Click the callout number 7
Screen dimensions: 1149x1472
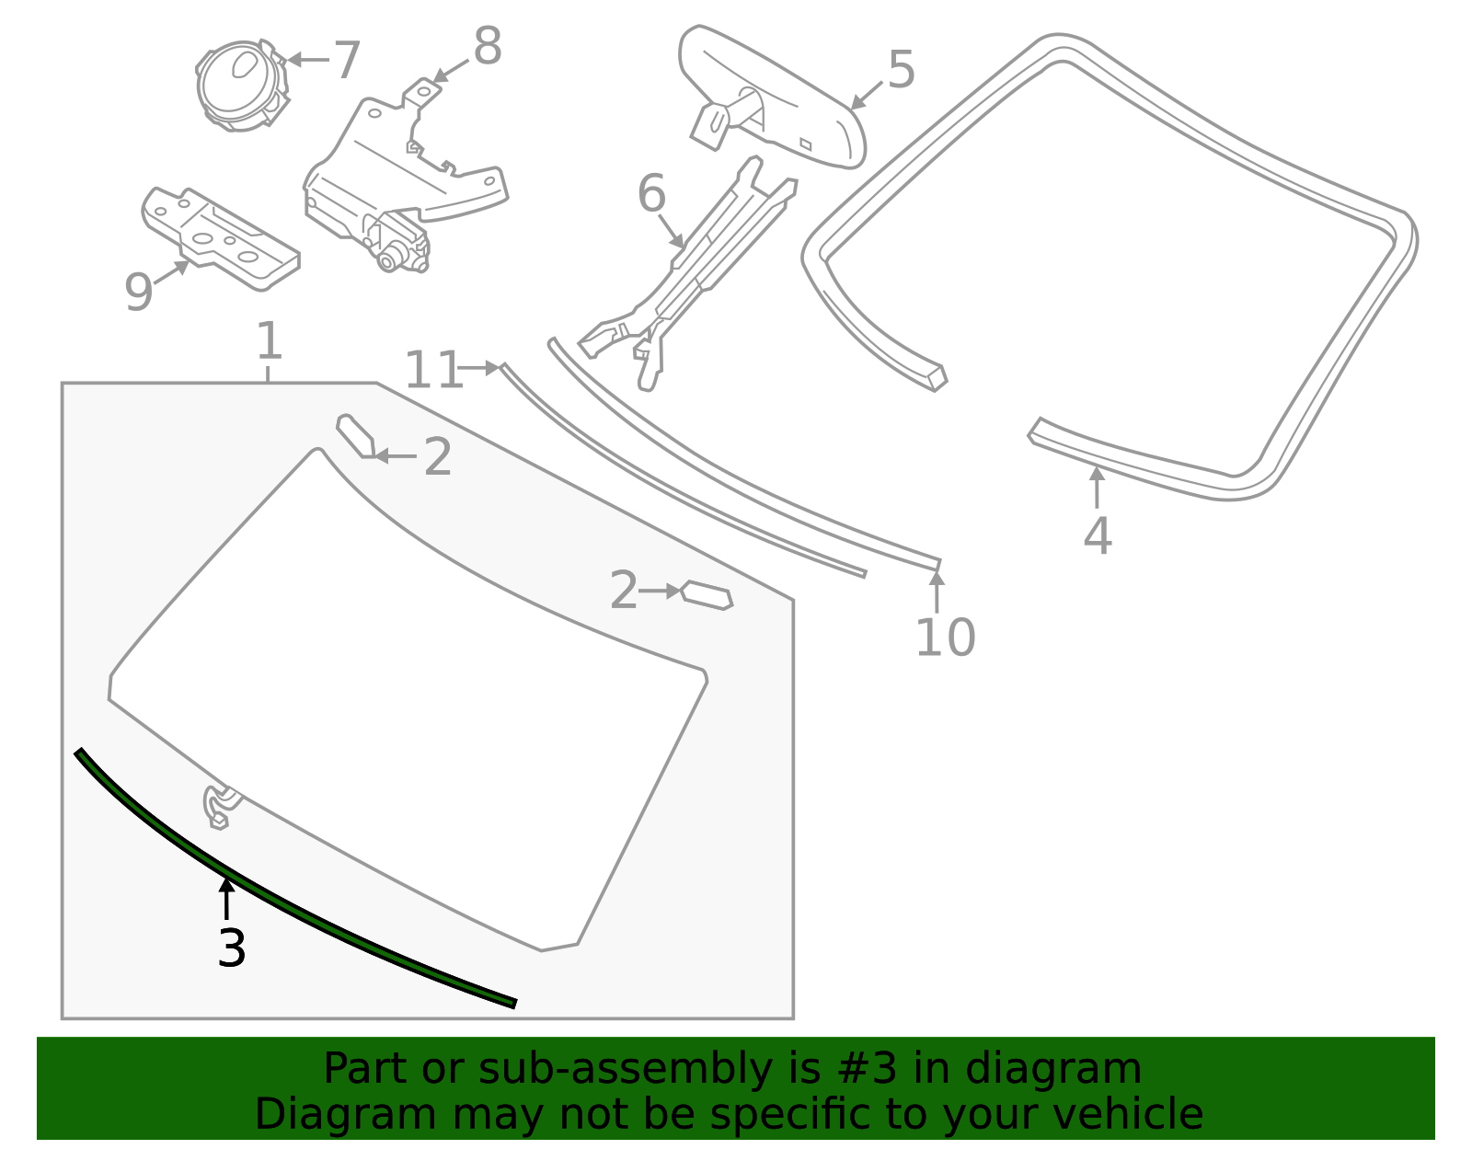[346, 61]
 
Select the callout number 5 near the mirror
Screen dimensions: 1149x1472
[901, 70]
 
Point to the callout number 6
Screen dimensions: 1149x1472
[651, 195]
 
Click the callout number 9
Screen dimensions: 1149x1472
[138, 293]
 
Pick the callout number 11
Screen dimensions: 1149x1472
[431, 371]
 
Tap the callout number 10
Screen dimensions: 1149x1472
[945, 638]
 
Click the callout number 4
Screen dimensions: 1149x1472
[1097, 536]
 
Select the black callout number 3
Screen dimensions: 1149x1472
[232, 948]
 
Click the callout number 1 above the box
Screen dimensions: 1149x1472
[268, 341]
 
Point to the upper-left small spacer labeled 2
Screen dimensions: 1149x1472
[354, 435]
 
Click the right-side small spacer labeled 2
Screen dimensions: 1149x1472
[707, 595]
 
